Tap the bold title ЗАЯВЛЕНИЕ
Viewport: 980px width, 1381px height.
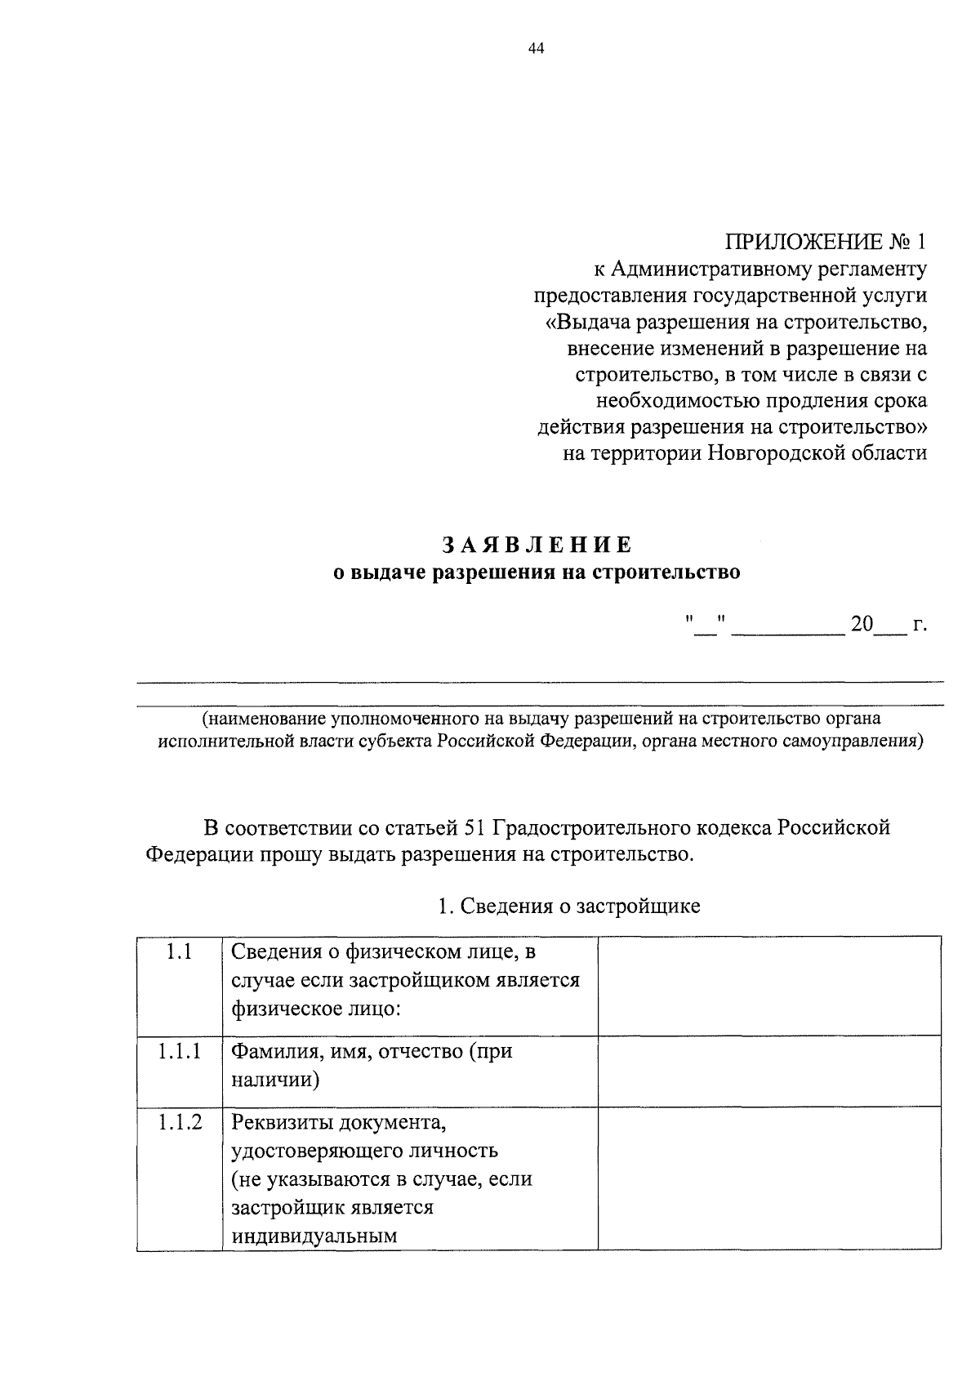point(537,544)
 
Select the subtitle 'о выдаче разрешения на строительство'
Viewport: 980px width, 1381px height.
point(537,572)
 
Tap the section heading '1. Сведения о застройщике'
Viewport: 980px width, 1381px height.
point(569,907)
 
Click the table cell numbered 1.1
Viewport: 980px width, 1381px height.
point(180,951)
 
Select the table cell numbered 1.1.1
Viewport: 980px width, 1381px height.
point(180,1051)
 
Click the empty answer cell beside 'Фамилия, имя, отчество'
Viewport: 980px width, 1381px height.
point(768,1071)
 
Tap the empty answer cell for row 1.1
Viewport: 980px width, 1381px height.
point(768,985)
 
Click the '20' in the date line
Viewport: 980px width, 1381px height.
point(862,625)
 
